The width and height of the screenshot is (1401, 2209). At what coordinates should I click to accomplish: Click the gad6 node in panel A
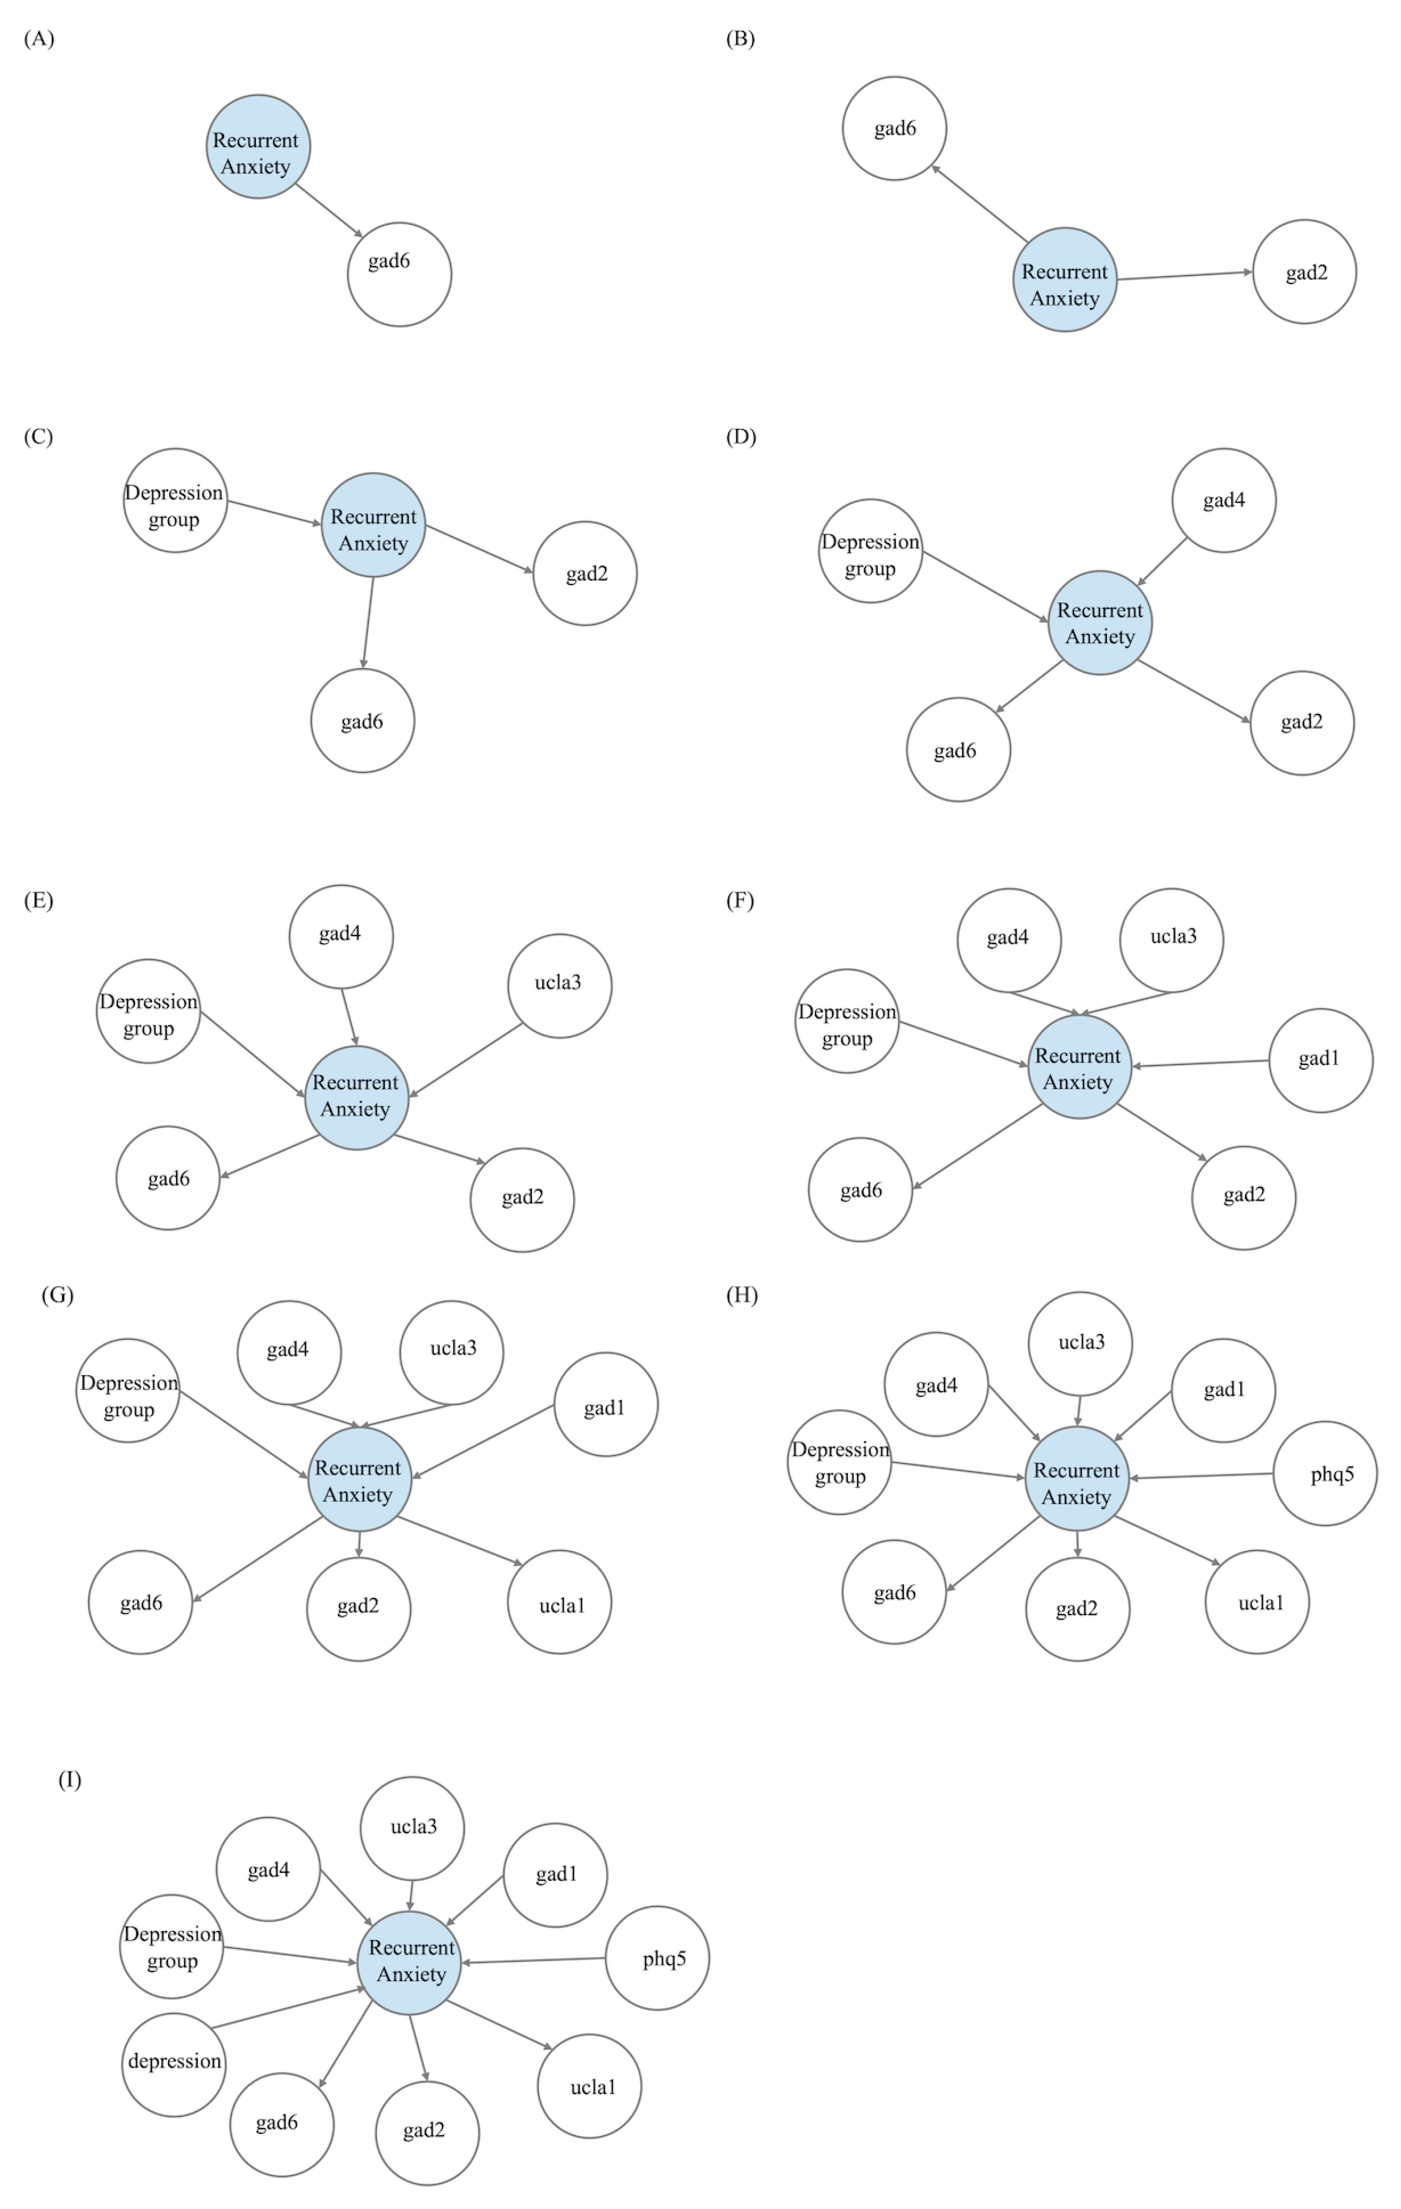[x=399, y=273]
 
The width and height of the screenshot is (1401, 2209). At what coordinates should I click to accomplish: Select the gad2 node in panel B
[x=1304, y=271]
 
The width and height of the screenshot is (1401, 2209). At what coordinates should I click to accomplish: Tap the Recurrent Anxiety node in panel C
[x=373, y=525]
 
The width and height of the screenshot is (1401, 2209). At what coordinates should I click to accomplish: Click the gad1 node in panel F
[x=1320, y=1061]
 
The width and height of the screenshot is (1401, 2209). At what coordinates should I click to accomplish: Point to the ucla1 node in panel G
[x=559, y=1602]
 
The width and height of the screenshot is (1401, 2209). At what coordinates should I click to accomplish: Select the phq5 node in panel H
[x=1325, y=1474]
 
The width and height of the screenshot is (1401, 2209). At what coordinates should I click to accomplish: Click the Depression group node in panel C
[x=175, y=500]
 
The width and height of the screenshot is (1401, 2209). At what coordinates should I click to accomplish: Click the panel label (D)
[x=741, y=436]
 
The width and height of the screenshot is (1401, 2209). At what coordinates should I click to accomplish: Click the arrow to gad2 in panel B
[x=1184, y=275]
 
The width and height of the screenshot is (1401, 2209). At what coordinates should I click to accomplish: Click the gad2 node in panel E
[x=522, y=1199]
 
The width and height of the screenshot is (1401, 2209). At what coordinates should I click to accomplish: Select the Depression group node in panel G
[x=127, y=1390]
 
